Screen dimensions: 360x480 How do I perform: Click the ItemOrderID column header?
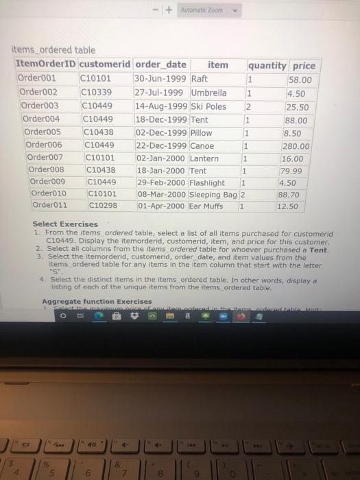(46, 65)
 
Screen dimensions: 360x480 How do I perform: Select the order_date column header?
(160, 65)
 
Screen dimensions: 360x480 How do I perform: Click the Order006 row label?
(44, 145)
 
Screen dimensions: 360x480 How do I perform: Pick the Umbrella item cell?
(208, 93)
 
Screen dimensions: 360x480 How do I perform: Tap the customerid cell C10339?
(96, 93)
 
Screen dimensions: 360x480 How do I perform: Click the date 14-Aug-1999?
(162, 106)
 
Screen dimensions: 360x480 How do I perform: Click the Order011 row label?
(49, 206)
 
